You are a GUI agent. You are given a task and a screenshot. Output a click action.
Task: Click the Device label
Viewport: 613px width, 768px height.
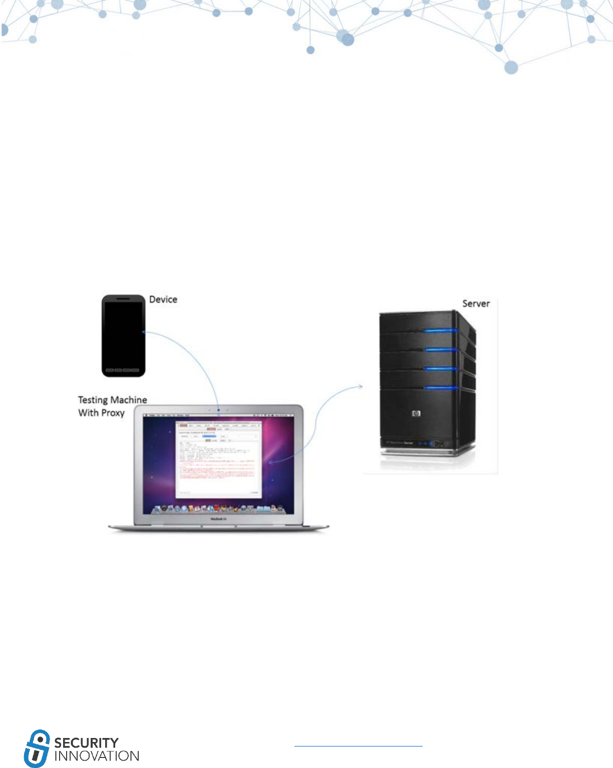(163, 299)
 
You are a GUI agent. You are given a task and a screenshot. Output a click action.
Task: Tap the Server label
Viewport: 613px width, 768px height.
(476, 303)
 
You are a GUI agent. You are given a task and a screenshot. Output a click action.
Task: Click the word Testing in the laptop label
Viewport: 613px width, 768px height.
(93, 400)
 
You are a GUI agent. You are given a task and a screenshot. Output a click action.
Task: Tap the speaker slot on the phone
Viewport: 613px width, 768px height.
(124, 298)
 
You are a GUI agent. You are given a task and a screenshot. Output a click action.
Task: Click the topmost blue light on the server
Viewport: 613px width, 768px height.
(441, 331)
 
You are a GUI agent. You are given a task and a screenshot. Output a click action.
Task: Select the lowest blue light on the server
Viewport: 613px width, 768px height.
(441, 388)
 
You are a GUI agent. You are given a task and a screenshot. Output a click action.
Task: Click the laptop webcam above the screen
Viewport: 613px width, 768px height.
(218, 410)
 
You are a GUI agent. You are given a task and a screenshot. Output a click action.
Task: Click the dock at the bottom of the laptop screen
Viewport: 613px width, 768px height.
(218, 509)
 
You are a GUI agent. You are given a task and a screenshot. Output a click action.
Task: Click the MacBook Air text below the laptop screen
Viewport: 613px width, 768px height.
(218, 519)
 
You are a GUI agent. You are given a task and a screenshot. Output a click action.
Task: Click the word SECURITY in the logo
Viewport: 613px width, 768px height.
(86, 742)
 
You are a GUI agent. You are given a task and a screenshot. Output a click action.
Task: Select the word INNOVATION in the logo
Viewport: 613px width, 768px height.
(96, 755)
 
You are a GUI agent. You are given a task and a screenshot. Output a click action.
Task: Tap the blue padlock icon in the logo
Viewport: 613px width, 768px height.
(37, 748)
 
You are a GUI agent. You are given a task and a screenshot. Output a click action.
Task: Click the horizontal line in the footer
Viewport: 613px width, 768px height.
(358, 746)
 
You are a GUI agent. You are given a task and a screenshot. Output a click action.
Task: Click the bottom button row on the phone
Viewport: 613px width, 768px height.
(123, 370)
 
